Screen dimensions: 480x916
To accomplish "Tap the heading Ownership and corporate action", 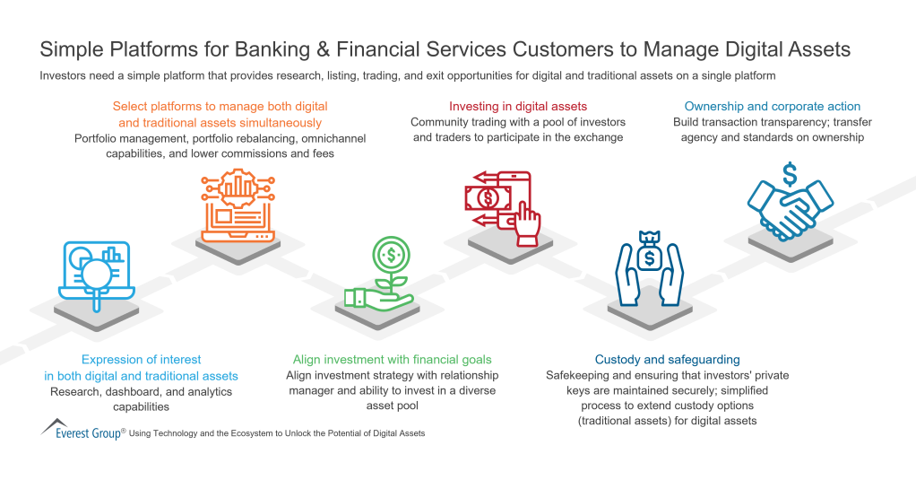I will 772,106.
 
